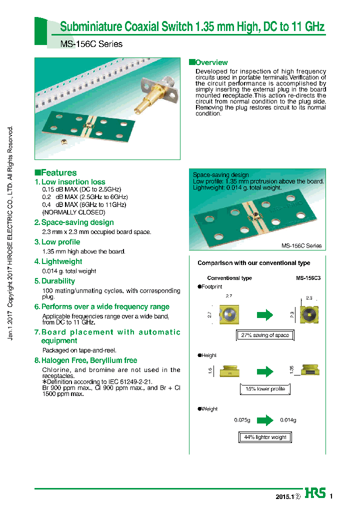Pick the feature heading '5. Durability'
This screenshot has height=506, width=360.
(54, 281)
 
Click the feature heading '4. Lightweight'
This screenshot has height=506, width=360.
(58, 261)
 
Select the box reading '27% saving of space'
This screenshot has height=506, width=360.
(264, 335)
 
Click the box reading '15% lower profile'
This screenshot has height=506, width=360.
(264, 388)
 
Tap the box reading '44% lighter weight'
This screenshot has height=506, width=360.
(264, 437)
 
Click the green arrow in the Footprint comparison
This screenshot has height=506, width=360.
(264, 314)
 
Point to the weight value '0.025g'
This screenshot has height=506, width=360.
(242, 420)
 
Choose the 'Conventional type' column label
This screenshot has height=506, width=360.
(229, 278)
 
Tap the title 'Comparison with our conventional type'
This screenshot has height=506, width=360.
(253, 263)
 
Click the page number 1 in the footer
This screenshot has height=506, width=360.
(331, 496)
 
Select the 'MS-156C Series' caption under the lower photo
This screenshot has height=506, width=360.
(301, 245)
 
